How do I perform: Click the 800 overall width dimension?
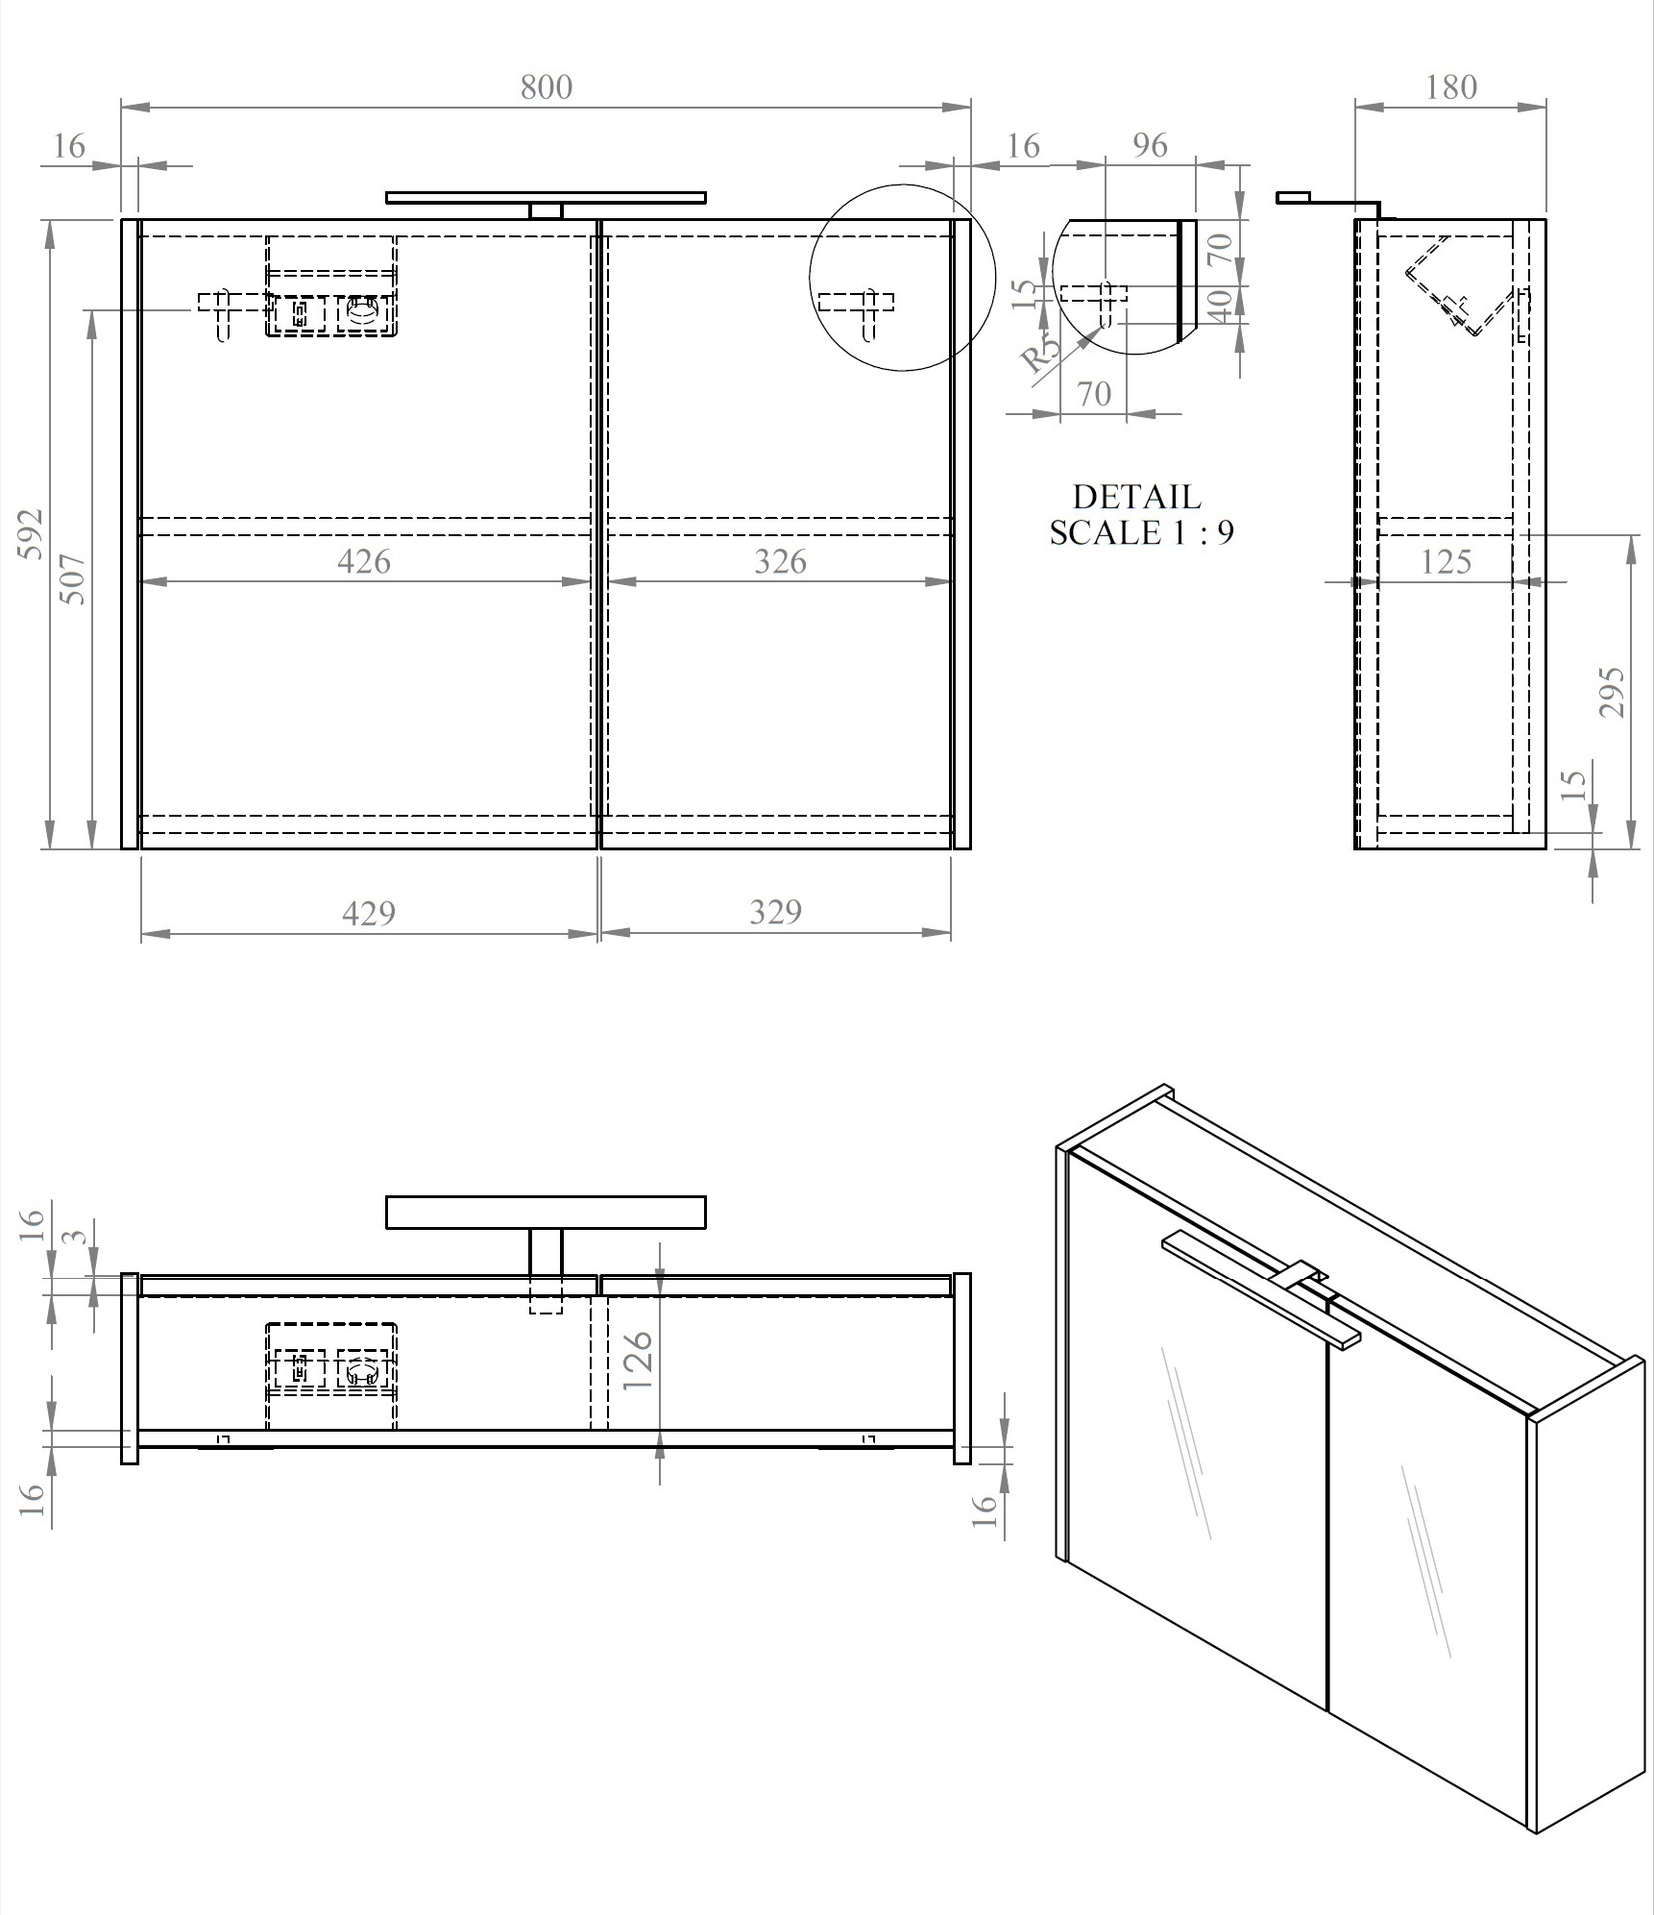coord(546,87)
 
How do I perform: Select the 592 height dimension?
coord(31,534)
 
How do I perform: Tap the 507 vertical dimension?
coord(74,578)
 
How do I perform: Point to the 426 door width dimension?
coord(364,561)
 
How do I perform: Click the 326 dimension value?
coord(780,561)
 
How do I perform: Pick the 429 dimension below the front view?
coord(369,912)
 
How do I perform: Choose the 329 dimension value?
coord(775,911)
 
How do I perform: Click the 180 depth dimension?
coord(1450,87)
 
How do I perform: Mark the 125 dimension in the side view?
coord(1446,561)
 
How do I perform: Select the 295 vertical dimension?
coord(1612,692)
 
